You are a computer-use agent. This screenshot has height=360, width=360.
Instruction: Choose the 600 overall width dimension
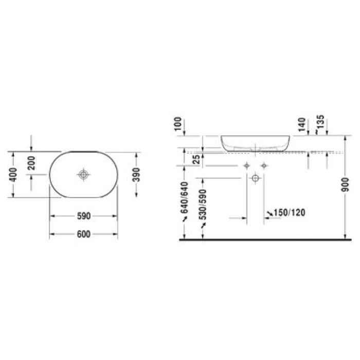(83, 235)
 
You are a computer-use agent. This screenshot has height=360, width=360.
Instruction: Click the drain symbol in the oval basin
(83, 175)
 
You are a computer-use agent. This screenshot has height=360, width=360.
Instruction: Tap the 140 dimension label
(302, 124)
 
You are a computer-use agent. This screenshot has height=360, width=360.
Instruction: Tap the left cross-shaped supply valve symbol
(247, 166)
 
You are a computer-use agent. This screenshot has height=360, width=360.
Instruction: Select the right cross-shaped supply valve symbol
(264, 166)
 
